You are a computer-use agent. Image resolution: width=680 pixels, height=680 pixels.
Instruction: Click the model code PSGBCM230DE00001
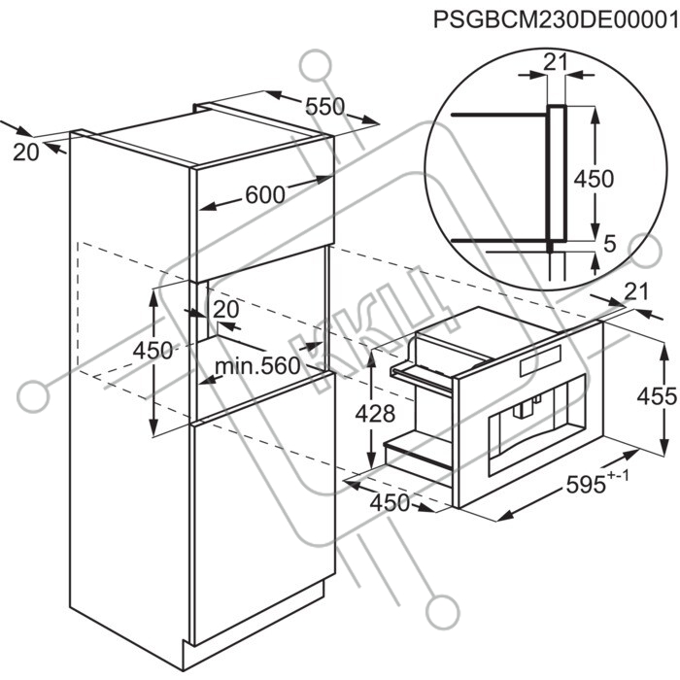click(557, 20)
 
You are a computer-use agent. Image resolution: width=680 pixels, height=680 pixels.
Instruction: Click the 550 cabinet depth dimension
click(324, 107)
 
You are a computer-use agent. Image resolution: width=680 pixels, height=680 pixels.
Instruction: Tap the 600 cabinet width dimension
click(265, 194)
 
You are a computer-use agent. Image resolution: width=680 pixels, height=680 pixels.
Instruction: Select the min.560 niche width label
click(257, 366)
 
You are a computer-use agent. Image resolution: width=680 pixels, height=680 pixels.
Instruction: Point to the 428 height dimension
click(375, 413)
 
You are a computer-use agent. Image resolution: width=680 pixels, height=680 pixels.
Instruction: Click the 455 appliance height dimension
click(657, 396)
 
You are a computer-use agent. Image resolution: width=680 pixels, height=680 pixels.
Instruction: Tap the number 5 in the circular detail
click(610, 244)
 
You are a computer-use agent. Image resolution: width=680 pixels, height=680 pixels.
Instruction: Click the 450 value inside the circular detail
click(594, 178)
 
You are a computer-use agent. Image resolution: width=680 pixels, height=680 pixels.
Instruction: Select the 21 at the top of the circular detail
click(556, 63)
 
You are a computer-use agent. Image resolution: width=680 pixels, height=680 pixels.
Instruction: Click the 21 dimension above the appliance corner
click(635, 291)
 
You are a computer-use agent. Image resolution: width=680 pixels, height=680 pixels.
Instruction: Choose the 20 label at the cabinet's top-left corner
click(26, 153)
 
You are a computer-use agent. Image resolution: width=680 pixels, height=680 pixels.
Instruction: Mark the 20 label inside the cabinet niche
click(226, 310)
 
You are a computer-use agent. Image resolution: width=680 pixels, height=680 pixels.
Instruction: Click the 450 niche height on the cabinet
click(153, 351)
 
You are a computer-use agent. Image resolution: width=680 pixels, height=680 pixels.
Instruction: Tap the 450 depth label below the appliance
click(390, 502)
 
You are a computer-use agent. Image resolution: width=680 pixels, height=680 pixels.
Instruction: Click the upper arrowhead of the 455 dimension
click(663, 348)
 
